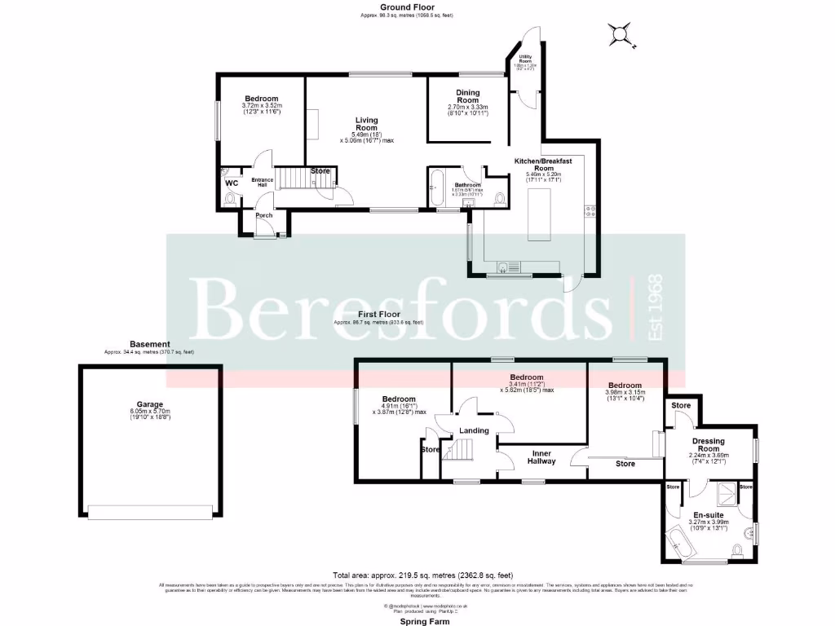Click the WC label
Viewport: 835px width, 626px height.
231,183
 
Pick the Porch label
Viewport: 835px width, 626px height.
263,215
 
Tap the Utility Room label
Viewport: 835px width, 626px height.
525,59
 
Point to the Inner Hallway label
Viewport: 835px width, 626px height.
542,456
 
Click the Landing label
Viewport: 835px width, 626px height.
474,430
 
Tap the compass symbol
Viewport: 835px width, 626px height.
621,34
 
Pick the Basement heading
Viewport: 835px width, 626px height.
149,344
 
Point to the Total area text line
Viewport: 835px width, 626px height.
417,574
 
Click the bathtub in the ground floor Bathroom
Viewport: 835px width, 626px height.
435,189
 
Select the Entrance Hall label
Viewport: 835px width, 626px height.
263,182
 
